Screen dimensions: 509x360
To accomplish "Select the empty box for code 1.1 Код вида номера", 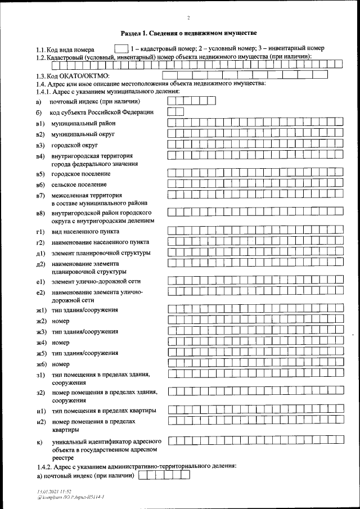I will point(120,49).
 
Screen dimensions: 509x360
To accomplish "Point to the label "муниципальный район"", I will point(79,123).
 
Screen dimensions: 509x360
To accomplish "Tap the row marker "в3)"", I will point(39,145).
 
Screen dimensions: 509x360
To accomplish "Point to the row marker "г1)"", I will point(39,232).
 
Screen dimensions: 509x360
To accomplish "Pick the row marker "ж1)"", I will point(40,310).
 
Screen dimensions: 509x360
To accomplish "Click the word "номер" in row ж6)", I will point(60,364).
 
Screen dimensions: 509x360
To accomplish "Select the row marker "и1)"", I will point(40,411).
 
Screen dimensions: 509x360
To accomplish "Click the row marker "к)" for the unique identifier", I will point(39,442).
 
